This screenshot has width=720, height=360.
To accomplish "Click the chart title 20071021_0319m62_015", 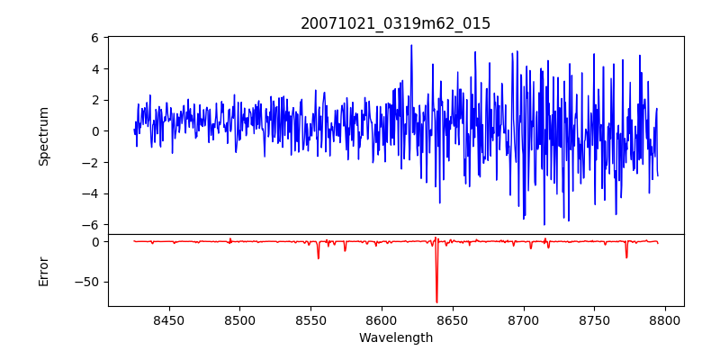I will click(x=395, y=23).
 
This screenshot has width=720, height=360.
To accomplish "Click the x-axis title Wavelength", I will click(x=395, y=337).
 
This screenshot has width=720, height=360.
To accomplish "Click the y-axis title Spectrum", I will click(x=43, y=136).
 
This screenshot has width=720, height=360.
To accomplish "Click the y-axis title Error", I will click(x=43, y=270).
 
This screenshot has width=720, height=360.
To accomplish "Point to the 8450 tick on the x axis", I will click(x=168, y=319).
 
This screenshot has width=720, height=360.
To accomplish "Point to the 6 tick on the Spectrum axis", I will click(x=94, y=38).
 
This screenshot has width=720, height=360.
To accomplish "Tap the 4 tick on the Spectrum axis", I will click(x=94, y=68).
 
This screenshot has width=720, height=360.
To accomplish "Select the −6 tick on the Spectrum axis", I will click(x=90, y=224).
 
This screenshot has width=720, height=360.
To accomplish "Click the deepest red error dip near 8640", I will click(x=436, y=301).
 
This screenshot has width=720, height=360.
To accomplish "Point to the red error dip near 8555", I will click(x=318, y=257).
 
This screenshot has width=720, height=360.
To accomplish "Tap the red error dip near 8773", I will click(x=626, y=257).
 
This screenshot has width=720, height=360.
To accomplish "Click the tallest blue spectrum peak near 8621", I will click(x=411, y=46).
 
